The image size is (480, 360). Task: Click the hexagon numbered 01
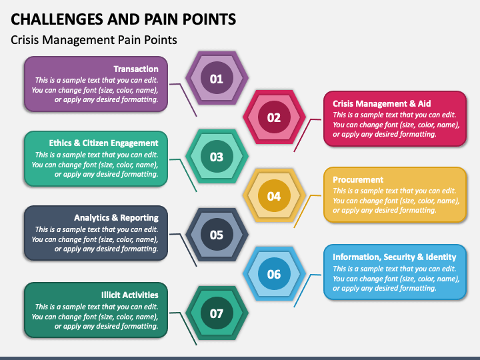pos(217,78)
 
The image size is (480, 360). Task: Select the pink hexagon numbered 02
pos(274,117)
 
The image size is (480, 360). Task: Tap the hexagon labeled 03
pos(217,156)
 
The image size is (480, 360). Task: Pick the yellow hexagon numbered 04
pos(274,195)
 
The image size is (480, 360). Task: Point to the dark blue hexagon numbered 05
pos(217,235)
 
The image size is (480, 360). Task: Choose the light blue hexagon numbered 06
pos(274,274)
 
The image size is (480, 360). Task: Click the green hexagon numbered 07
pos(217,313)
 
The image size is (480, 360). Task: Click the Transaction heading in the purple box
pos(136,69)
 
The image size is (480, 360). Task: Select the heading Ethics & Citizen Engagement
pos(103,143)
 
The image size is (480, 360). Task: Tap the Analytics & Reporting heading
pos(116,217)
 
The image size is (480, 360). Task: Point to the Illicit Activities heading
pos(130,295)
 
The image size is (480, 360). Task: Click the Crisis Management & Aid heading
pos(382,103)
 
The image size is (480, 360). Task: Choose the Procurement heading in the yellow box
pos(358,180)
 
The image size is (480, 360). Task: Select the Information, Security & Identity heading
pos(394,257)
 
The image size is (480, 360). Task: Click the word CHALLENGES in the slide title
pos(57,19)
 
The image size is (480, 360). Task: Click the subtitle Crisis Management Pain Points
pos(94,40)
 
